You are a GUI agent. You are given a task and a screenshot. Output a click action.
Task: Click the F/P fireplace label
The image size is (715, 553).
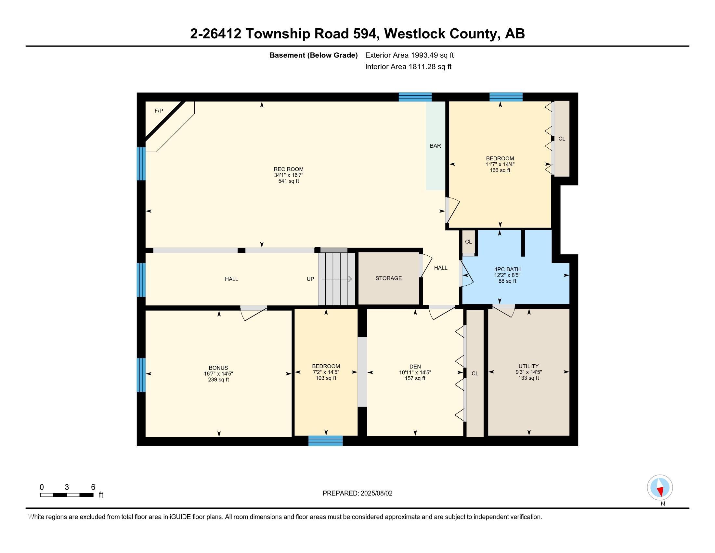click(x=159, y=111)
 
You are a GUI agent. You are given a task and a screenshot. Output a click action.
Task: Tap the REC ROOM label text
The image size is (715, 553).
click(x=288, y=169)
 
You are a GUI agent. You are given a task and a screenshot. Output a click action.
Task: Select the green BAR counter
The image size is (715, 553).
click(x=435, y=145)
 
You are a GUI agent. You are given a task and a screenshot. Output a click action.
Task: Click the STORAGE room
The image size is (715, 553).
click(x=389, y=278)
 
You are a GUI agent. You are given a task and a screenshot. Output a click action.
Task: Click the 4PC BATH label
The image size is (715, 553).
click(x=507, y=269)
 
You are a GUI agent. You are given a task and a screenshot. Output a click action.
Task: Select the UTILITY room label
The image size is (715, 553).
click(x=528, y=366)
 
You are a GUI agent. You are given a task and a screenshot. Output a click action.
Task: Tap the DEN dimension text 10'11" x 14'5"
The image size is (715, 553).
click(x=415, y=372)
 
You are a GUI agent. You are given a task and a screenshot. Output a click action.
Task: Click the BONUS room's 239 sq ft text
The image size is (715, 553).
click(x=218, y=380)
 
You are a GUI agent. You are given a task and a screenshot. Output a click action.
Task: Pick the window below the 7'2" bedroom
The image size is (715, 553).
click(x=325, y=441)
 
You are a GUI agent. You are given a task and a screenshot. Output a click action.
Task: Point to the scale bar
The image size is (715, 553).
click(x=67, y=495)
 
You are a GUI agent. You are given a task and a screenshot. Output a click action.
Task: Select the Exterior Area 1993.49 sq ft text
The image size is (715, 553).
click(x=409, y=55)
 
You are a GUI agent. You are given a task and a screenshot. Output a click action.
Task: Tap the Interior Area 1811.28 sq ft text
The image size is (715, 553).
click(x=408, y=67)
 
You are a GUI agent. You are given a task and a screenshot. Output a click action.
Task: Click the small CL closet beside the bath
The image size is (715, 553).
click(x=468, y=242)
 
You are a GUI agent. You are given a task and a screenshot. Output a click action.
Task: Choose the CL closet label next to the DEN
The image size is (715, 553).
click(x=475, y=373)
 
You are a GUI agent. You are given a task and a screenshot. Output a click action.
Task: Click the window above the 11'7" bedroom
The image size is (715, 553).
click(x=506, y=97)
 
